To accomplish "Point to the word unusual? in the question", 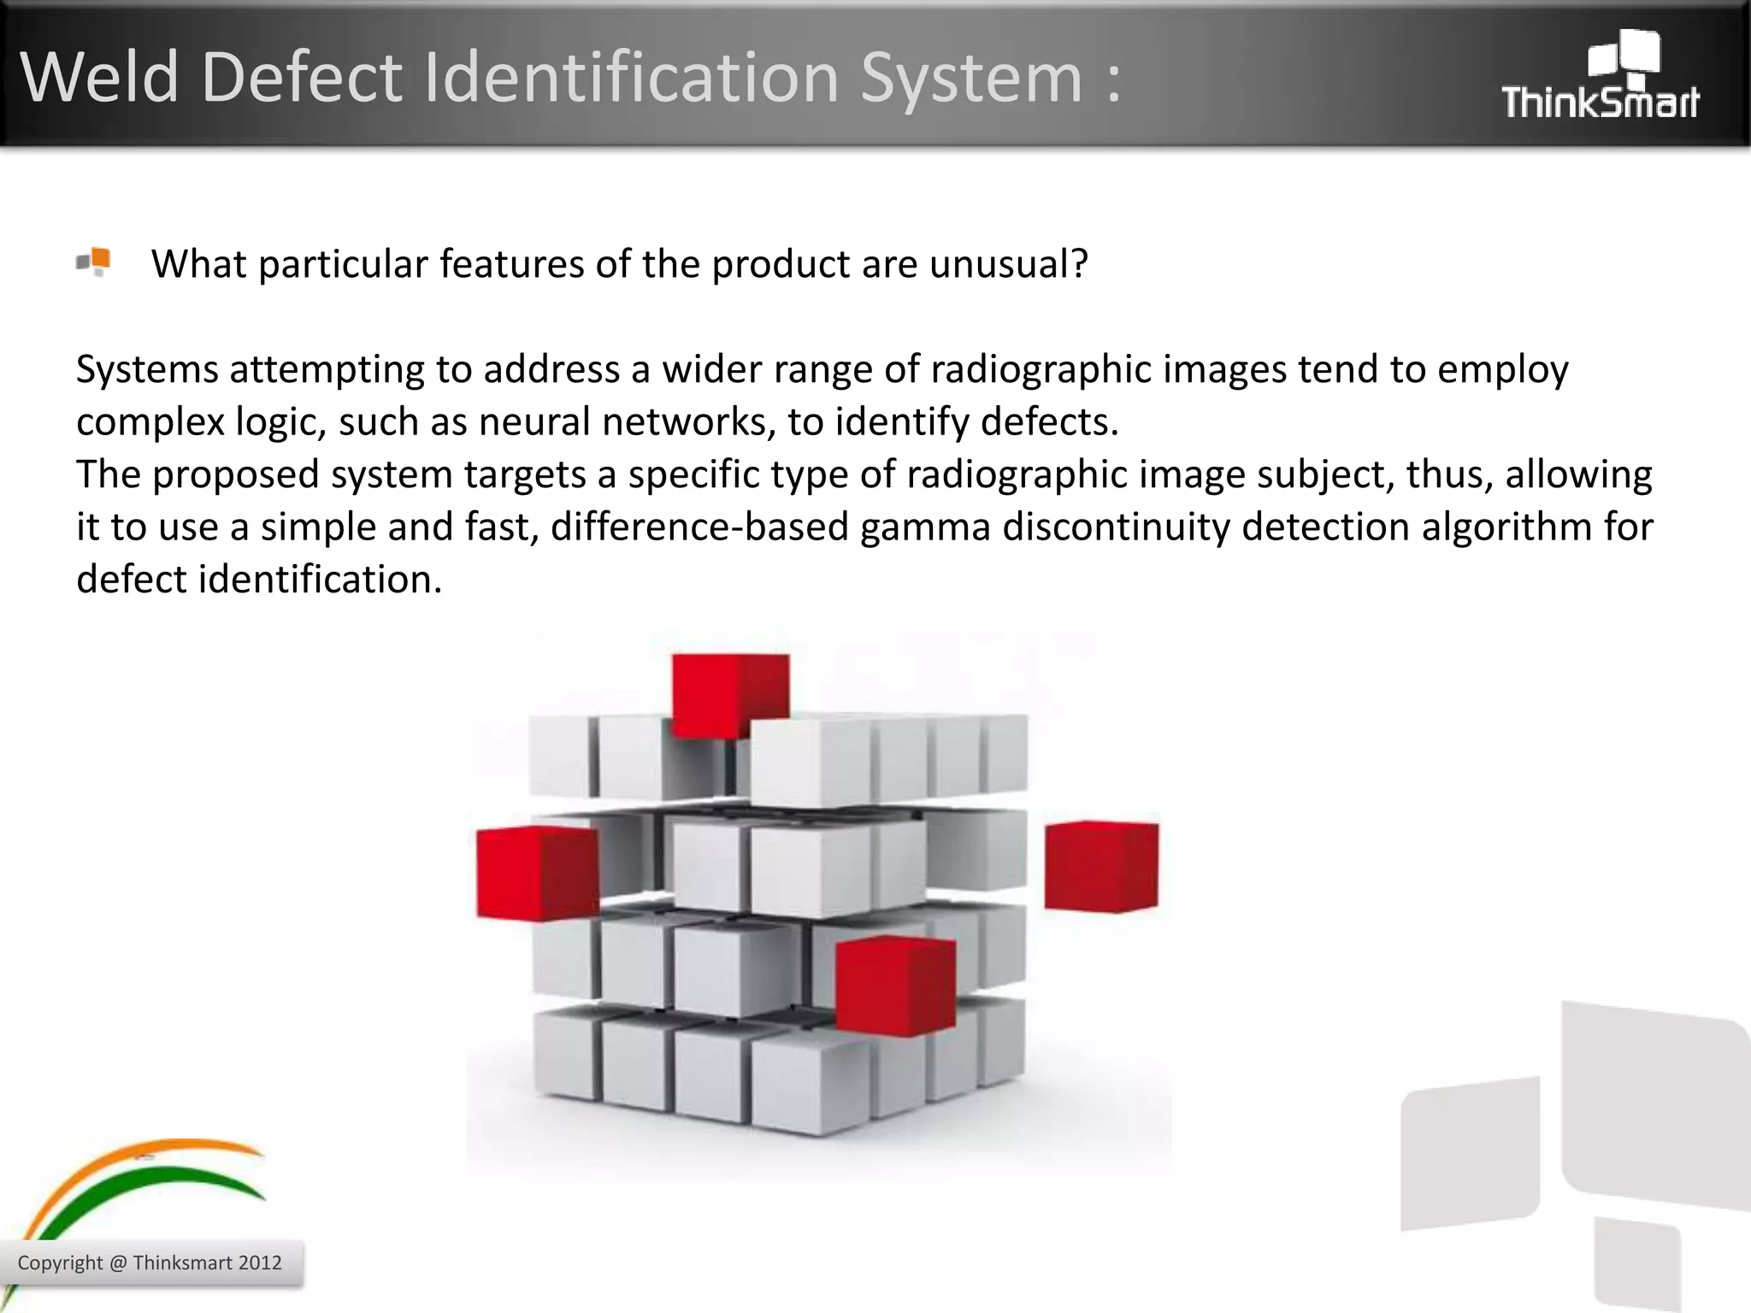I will point(1009,264).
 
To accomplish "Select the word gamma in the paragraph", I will point(925,527).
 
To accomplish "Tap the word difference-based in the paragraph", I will point(699,527).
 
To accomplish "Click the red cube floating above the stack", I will point(730,694).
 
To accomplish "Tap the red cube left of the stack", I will point(537,872).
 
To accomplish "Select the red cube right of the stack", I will point(1101,865).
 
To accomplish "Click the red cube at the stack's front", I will point(894,985).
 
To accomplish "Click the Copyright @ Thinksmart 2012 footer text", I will point(150,1263).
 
